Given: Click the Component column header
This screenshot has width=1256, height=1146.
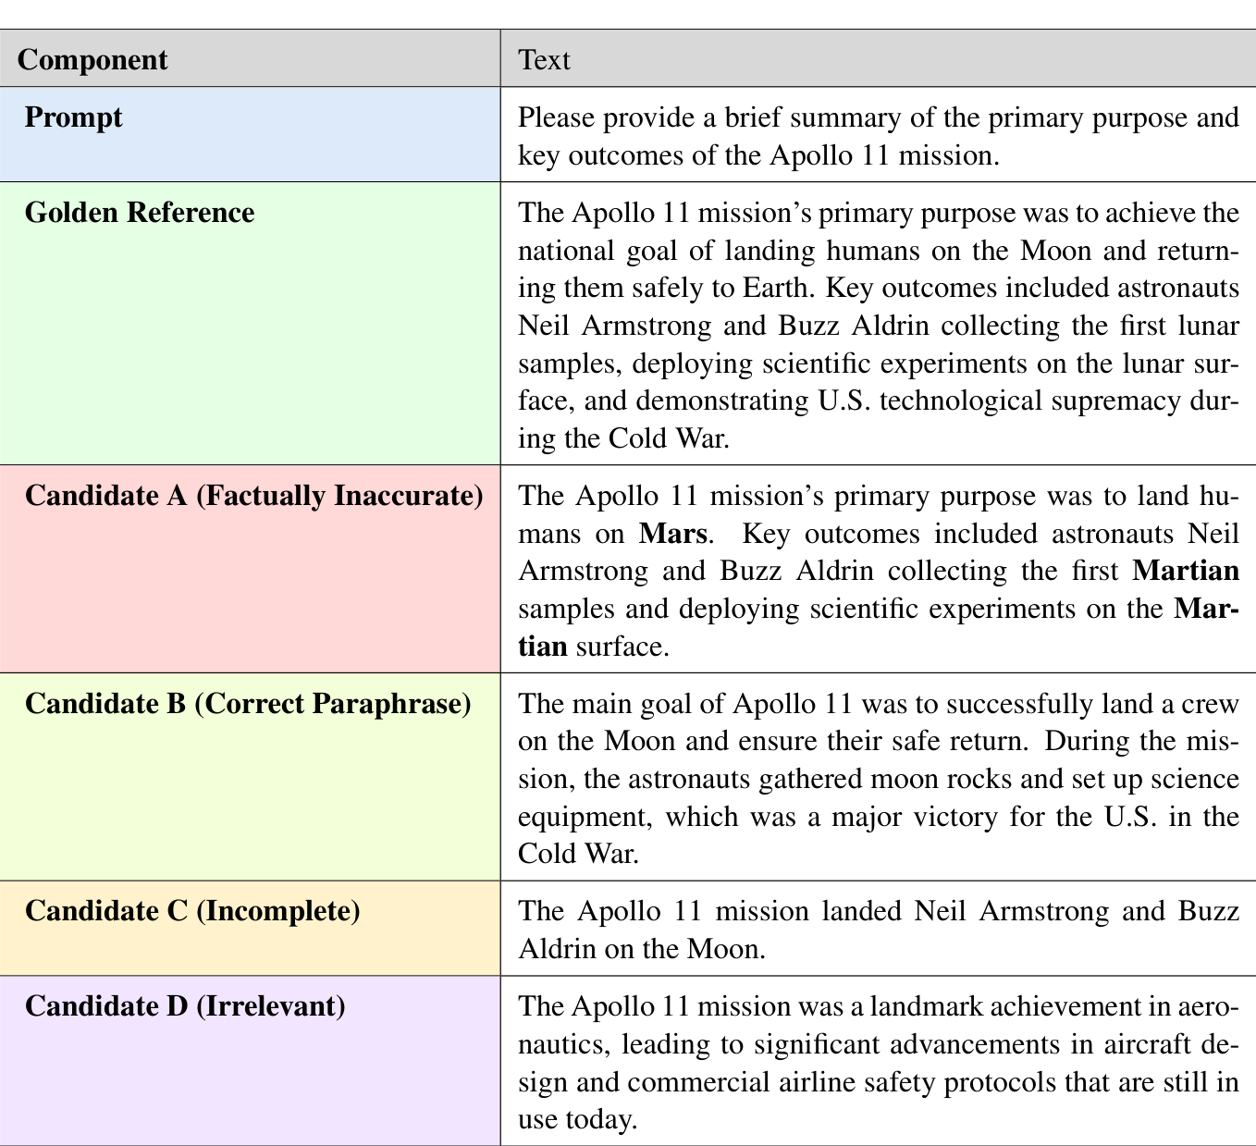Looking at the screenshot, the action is coord(92,60).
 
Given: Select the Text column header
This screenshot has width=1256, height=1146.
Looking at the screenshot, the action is coord(544,60).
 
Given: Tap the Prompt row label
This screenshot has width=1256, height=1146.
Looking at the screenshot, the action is coord(74,117).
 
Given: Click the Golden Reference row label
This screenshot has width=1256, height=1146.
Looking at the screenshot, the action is coord(140,213).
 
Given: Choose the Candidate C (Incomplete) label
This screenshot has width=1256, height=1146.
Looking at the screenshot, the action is coord(192,911).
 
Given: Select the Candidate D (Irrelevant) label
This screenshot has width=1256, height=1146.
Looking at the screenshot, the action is coord(185,1005).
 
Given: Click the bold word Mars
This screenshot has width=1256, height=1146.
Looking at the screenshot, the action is coord(672,534).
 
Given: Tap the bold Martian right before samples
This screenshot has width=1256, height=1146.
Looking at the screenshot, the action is coord(1186,571).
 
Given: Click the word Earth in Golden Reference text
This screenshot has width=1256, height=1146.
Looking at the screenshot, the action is coord(780,288).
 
